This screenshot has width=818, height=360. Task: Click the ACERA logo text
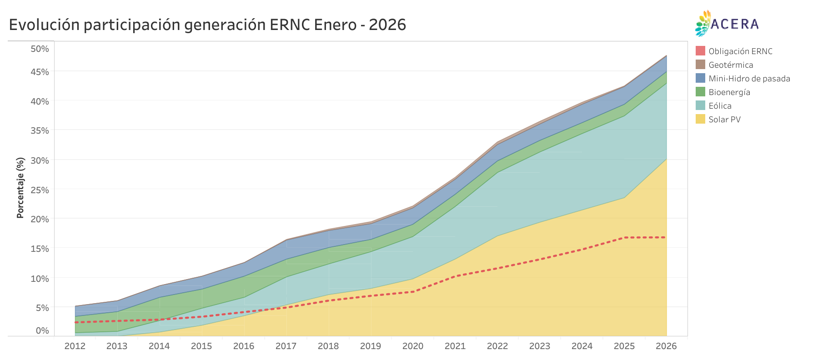coord(734,24)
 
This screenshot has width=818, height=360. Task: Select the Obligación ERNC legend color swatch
coord(700,51)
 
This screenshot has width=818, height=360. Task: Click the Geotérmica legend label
coord(730,65)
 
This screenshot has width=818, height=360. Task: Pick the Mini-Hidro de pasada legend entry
coord(749,79)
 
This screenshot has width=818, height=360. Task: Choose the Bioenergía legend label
coord(729,92)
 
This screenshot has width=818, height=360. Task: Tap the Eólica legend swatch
coord(700,105)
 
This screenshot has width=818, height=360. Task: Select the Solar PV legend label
coord(724,120)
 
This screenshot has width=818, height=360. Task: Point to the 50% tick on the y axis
coord(40,49)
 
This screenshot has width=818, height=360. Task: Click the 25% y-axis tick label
coord(40,190)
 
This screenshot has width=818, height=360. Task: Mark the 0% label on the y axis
coord(42,330)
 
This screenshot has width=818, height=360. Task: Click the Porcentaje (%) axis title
coord(20,188)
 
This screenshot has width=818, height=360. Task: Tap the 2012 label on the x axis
coord(75,346)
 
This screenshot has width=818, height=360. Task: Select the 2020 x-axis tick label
coord(413,346)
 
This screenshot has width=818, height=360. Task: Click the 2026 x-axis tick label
coord(666,346)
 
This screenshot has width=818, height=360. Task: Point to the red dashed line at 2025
coord(624,237)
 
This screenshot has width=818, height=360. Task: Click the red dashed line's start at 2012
coord(75,322)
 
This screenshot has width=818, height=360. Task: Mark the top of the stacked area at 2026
coord(666,56)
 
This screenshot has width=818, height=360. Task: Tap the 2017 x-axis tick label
coord(286,346)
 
